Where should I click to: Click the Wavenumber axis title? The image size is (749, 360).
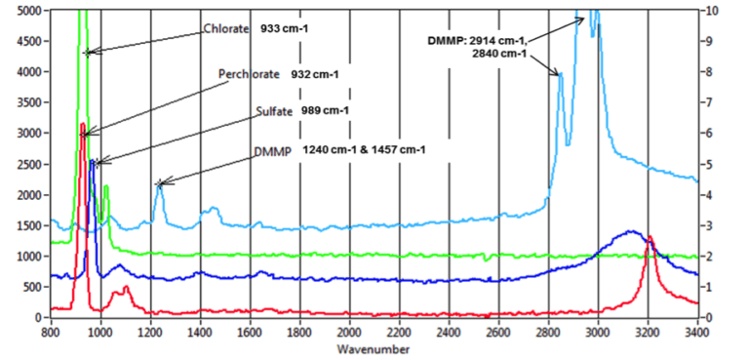pyautogui.click(x=373, y=348)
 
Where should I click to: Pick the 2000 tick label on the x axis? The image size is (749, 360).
pyautogui.click(x=349, y=332)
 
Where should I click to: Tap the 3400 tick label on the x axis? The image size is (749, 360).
pyautogui.click(x=697, y=332)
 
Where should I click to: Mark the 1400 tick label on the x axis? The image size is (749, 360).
pyautogui.click(x=200, y=332)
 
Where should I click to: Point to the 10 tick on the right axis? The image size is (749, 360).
pyautogui.click(x=714, y=10)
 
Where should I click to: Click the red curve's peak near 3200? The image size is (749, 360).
pyautogui.click(x=650, y=238)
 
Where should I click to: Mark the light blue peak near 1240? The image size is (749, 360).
pyautogui.click(x=160, y=183)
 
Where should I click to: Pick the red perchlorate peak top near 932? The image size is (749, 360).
pyautogui.click(x=83, y=124)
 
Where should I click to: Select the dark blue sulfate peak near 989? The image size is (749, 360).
pyautogui.click(x=93, y=162)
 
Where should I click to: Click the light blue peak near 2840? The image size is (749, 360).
pyautogui.click(x=561, y=73)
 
